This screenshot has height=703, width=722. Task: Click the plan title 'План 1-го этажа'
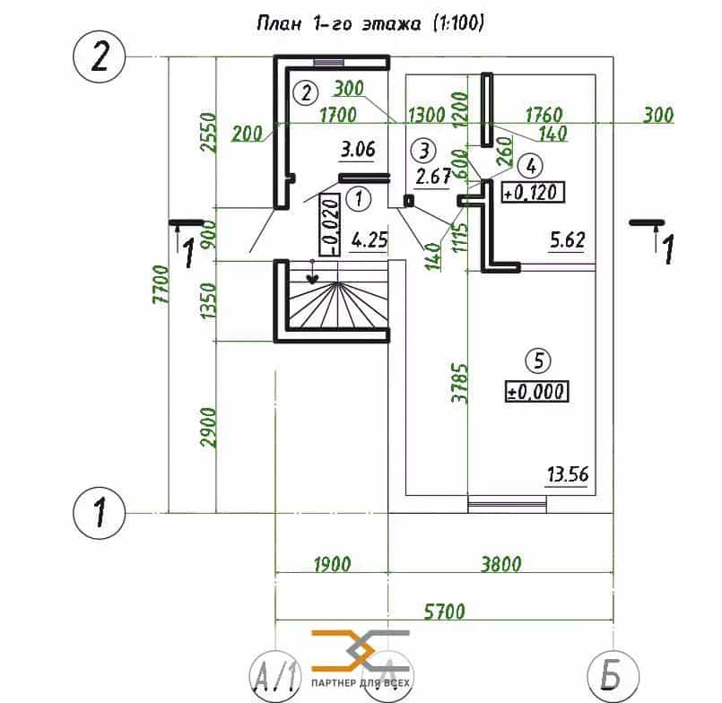pyautogui.click(x=338, y=23)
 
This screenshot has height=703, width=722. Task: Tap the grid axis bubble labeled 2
pyautogui.click(x=99, y=57)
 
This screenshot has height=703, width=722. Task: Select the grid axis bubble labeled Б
pyautogui.click(x=613, y=676)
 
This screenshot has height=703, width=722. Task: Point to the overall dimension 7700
pyautogui.click(x=161, y=284)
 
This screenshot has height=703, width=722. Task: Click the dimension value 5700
pyautogui.click(x=444, y=611)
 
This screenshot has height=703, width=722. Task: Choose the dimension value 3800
pyautogui.click(x=501, y=563)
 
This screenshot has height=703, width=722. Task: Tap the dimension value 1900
pyautogui.click(x=332, y=563)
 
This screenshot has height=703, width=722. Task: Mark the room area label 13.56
pyautogui.click(x=568, y=474)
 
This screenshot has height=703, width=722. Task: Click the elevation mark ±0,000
pyautogui.click(x=537, y=391)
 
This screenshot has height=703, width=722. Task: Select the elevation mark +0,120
pyautogui.click(x=533, y=192)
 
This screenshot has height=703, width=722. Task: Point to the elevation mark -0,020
pyautogui.click(x=330, y=224)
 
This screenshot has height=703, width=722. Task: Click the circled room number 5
pyautogui.click(x=538, y=360)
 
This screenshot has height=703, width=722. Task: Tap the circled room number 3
pyautogui.click(x=423, y=151)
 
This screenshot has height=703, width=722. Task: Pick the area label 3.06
pyautogui.click(x=358, y=150)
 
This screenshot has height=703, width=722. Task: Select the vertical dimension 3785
pyautogui.click(x=459, y=383)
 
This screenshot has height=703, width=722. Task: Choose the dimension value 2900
pyautogui.click(x=208, y=427)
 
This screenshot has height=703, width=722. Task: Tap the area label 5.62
pyautogui.click(x=567, y=239)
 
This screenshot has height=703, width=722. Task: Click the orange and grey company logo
pyautogui.click(x=361, y=657)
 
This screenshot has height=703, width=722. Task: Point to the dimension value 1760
pyautogui.click(x=544, y=115)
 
